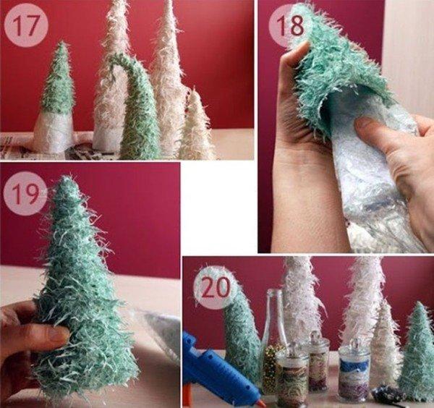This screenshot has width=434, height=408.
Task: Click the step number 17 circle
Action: [x=25, y=26]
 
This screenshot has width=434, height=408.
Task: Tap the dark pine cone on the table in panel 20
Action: [x=391, y=396]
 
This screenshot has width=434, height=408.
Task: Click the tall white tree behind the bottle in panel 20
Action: [x=300, y=304]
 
